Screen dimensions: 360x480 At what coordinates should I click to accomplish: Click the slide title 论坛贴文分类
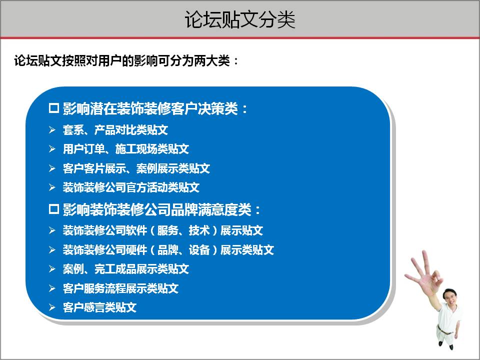(x=240, y=19)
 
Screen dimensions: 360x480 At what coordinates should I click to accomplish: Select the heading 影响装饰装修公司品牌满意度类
(x=162, y=209)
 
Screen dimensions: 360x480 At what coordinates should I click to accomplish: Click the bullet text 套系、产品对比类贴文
(x=115, y=130)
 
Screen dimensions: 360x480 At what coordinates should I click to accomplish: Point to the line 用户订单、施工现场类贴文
(x=125, y=149)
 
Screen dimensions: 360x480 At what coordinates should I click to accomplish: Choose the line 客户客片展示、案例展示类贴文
(x=136, y=168)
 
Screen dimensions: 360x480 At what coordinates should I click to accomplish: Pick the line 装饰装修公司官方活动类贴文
(x=131, y=187)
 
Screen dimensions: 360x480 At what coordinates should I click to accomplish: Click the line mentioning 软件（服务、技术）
(x=162, y=230)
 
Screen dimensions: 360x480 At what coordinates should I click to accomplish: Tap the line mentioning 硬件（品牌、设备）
(x=168, y=249)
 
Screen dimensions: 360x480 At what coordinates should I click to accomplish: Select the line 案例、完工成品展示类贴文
(x=125, y=269)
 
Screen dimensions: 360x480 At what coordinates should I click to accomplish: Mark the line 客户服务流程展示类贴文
(x=120, y=288)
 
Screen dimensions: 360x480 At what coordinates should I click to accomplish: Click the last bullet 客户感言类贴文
(x=99, y=307)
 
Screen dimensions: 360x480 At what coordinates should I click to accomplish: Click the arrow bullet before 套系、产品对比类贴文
(x=52, y=130)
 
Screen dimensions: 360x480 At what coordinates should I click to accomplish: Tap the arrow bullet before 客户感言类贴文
(x=52, y=307)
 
